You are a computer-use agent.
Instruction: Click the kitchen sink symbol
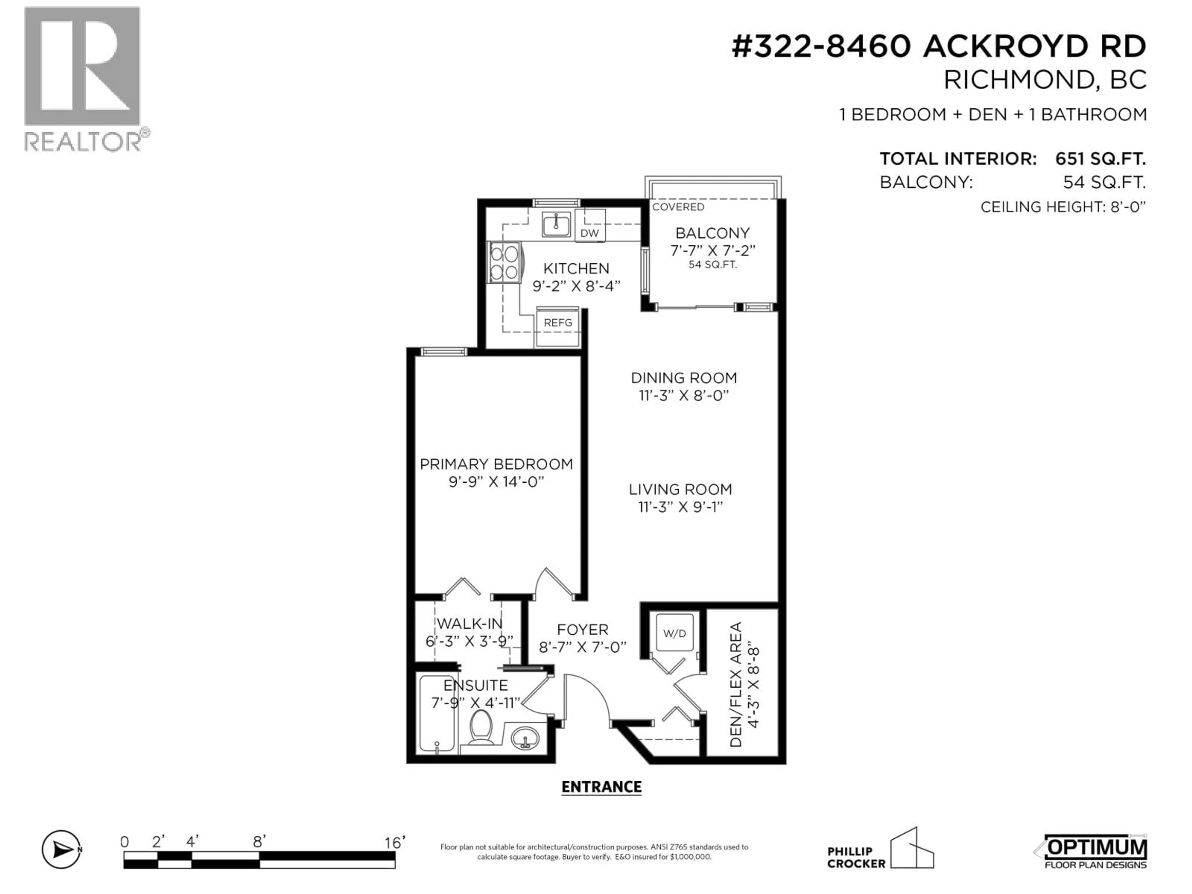(556, 223)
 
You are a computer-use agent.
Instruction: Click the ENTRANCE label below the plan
(601, 787)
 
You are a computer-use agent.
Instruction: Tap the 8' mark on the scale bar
(259, 842)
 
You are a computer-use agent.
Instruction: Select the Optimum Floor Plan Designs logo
(1095, 852)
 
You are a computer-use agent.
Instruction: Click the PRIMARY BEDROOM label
(496, 464)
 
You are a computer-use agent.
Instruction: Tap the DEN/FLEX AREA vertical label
(736, 684)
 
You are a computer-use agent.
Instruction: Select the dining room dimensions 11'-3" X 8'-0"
(683, 395)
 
